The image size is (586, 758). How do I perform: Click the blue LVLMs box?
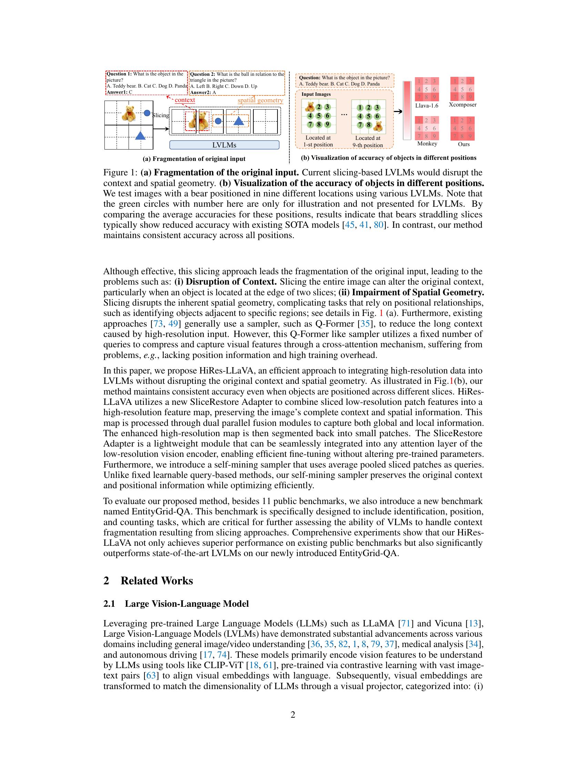(x=224, y=145)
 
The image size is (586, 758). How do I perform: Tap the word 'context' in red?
(x=185, y=100)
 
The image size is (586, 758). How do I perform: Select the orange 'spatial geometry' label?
(x=260, y=100)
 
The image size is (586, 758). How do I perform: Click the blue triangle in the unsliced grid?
(x=140, y=135)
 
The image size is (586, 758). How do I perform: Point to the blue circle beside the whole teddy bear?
(x=147, y=113)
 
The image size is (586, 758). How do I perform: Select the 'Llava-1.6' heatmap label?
(x=427, y=105)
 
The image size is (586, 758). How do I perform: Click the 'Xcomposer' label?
(x=462, y=105)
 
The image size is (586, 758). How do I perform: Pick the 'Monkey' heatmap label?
(x=427, y=144)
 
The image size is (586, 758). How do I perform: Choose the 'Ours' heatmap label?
(x=463, y=144)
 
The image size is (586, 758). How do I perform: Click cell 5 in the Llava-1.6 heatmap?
(x=427, y=89)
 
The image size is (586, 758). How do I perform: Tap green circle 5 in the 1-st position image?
(x=319, y=116)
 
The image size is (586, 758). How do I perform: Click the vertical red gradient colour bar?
(x=407, y=110)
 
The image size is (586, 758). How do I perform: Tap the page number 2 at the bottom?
(x=293, y=715)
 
